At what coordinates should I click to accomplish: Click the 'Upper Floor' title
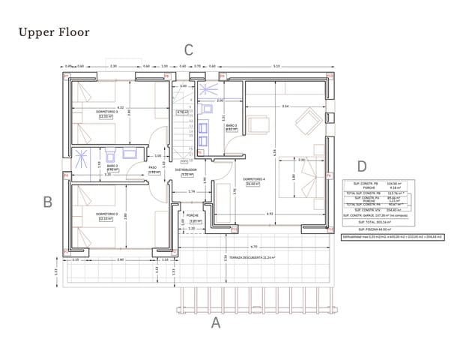pyautogui.click(x=53, y=32)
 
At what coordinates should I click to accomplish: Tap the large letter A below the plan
pyautogui.click(x=216, y=323)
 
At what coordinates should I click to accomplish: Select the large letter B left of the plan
pyautogui.click(x=47, y=202)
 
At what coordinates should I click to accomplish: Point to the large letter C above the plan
pyautogui.click(x=189, y=50)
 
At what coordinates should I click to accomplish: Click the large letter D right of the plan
pyautogui.click(x=362, y=166)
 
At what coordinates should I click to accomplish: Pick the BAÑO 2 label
pyautogui.click(x=112, y=166)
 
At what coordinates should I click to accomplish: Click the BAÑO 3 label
pyautogui.click(x=231, y=125)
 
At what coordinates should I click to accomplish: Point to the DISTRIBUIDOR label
pyautogui.click(x=186, y=170)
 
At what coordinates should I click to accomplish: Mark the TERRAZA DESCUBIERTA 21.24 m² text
pyautogui.click(x=251, y=257)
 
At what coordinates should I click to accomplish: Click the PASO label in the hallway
pyautogui.click(x=152, y=167)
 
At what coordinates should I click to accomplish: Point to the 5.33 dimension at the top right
pyautogui.click(x=276, y=67)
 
